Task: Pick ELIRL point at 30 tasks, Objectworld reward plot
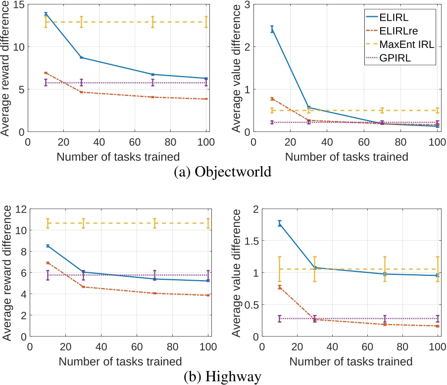(81, 58)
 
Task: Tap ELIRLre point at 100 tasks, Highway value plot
(437, 326)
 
